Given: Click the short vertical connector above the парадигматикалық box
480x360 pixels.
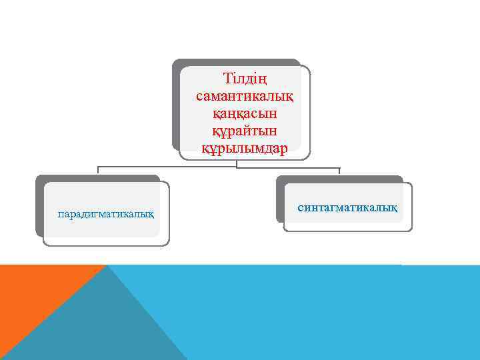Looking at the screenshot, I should point(98,171).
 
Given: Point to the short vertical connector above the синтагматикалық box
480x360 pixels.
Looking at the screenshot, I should point(339,171).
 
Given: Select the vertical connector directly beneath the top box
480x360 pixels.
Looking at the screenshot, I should point(237,163).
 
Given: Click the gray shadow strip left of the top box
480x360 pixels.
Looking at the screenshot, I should point(176,107).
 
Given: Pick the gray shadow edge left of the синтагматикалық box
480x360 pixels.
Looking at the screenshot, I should point(280,200).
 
